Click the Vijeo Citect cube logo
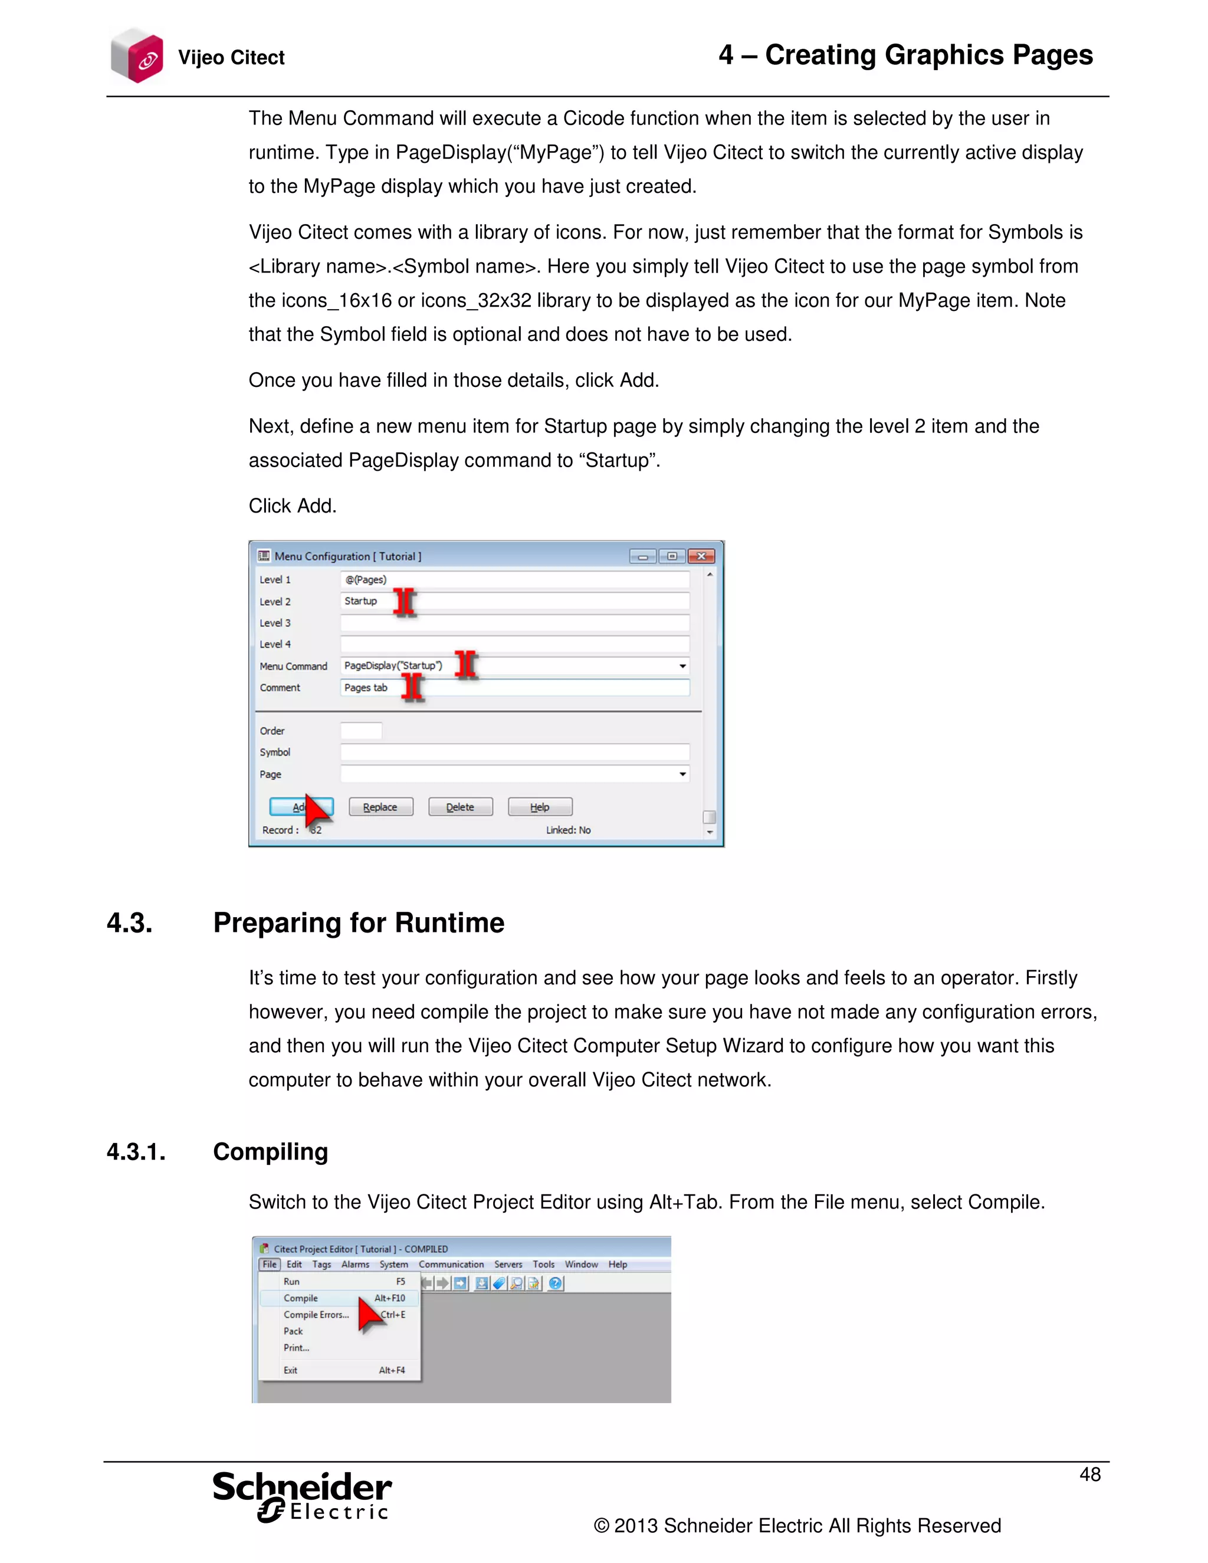tap(137, 56)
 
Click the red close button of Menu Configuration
tap(701, 556)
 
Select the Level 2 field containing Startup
tap(514, 601)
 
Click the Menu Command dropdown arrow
tap(682, 666)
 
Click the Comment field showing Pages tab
tap(514, 688)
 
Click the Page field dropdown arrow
tap(682, 774)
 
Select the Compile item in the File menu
tap(301, 1298)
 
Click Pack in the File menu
tap(293, 1331)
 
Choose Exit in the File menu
tap(291, 1371)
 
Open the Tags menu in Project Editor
tap(321, 1265)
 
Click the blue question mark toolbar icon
tap(555, 1283)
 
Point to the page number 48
tap(1089, 1475)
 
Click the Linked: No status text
tap(568, 830)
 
